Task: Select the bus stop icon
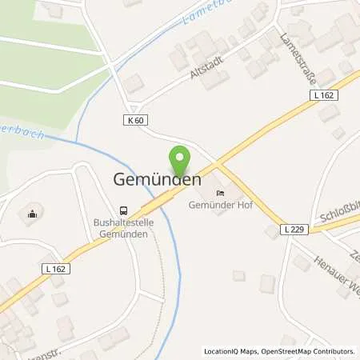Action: coord(122,206)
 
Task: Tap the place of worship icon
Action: coord(32,213)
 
